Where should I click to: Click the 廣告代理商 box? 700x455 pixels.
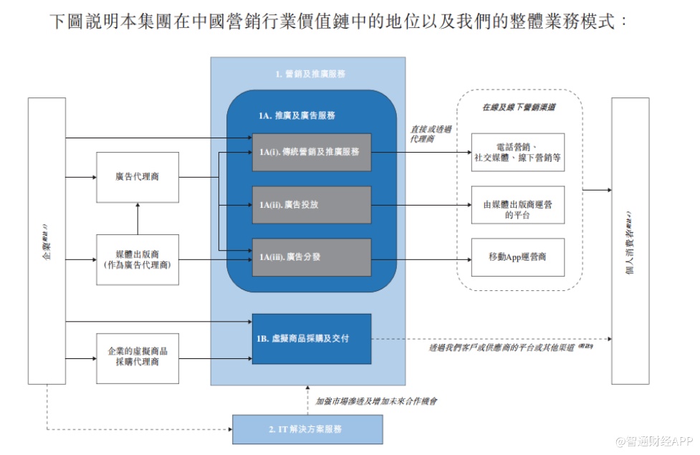point(137,176)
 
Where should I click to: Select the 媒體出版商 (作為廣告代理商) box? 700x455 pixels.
point(137,259)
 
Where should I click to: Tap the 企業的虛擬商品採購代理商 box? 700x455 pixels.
point(137,358)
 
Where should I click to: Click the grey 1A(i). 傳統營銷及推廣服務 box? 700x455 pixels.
point(311,152)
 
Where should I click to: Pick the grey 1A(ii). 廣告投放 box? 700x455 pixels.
point(311,205)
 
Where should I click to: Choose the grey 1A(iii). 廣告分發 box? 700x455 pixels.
point(311,257)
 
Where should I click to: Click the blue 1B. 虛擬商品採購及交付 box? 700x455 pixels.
point(311,338)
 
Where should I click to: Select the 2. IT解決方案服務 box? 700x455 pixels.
point(307,429)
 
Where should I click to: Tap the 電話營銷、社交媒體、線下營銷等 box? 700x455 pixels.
point(517,152)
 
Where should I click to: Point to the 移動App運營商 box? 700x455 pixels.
point(517,257)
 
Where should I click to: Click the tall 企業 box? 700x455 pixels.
point(47,241)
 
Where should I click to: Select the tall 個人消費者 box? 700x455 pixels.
point(630,241)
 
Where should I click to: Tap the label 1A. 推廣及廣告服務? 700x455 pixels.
point(297,115)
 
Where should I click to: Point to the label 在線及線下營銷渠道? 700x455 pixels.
point(519,107)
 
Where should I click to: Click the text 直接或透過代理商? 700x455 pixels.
point(431,134)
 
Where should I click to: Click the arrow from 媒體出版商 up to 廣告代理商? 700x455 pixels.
point(137,218)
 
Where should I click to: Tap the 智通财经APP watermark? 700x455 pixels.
point(648,440)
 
